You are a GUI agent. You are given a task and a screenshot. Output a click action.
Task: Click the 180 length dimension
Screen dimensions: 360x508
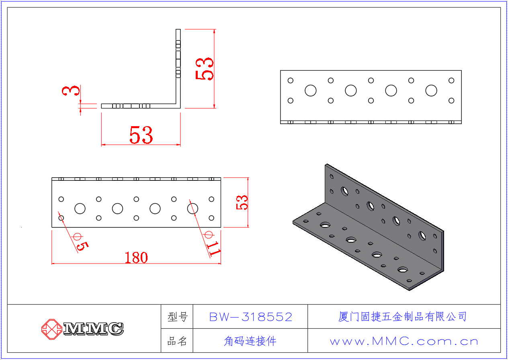136,258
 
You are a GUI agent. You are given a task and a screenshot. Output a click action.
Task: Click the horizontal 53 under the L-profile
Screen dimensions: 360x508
141,135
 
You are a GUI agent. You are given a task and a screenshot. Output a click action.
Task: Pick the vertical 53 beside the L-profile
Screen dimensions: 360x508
205,69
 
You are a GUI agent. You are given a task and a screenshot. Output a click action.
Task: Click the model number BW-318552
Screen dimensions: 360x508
250,317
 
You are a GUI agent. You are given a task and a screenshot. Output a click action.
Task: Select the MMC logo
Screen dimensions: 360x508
82,329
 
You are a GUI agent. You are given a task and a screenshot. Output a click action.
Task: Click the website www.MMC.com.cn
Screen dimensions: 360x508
404,342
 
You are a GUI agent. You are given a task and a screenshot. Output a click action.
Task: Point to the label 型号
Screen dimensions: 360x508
177,317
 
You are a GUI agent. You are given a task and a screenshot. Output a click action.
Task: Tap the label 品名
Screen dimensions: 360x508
177,342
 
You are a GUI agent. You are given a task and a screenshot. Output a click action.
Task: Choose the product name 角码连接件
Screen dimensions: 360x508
250,342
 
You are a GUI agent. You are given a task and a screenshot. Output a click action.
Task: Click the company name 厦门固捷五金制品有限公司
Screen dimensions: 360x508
402,317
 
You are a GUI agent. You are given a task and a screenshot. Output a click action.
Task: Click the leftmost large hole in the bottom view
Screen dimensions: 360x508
80,209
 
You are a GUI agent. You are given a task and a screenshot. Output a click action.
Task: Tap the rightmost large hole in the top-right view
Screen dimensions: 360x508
431,90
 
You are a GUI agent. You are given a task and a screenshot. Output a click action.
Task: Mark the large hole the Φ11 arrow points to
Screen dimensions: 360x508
193,209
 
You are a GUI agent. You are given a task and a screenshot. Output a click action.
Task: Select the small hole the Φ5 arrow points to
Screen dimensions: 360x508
61,218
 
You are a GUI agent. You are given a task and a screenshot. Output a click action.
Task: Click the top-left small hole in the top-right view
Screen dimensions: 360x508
291,80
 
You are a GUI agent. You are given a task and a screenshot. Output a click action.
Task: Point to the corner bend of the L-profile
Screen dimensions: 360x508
179,106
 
